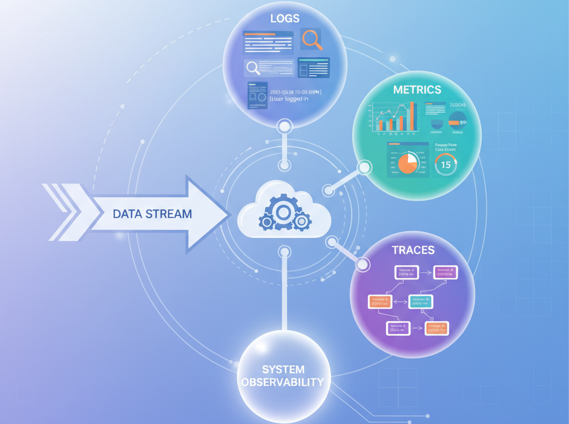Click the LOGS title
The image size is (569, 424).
284,18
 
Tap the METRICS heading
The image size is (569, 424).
417,89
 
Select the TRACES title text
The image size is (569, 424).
413,250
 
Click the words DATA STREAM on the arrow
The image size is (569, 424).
152,213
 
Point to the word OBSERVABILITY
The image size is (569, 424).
283,382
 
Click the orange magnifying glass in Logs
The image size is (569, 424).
311,39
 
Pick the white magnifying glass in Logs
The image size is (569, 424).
253,68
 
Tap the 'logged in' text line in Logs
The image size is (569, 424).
288,99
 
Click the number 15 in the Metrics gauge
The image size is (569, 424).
446,165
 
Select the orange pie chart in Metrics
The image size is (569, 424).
408,163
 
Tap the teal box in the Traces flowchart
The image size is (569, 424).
421,301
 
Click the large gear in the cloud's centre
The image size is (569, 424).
283,211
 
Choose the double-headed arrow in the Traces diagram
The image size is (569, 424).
400,301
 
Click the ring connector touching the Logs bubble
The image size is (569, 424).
284,127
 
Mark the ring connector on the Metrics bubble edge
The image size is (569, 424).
365,167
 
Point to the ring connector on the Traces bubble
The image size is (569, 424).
363,265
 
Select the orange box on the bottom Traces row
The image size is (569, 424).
437,328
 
